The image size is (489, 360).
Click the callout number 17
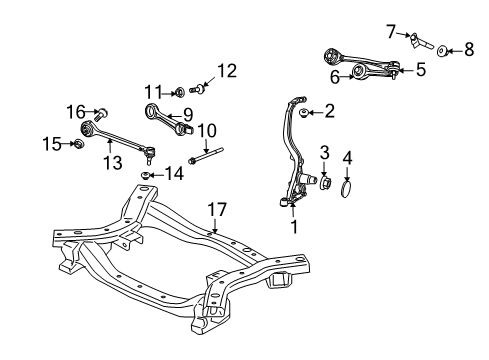pyautogui.click(x=217, y=209)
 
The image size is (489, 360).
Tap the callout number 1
pyautogui.click(x=292, y=225)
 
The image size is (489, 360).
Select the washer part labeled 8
pyautogui.click(x=444, y=49)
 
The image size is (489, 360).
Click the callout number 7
pyautogui.click(x=390, y=33)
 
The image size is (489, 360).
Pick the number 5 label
pyautogui.click(x=420, y=70)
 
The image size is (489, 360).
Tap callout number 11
pyautogui.click(x=151, y=91)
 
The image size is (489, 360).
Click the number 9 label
pyautogui.click(x=186, y=114)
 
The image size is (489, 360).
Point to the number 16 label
pyautogui.click(x=75, y=111)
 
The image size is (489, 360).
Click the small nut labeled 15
pyautogui.click(x=78, y=145)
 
